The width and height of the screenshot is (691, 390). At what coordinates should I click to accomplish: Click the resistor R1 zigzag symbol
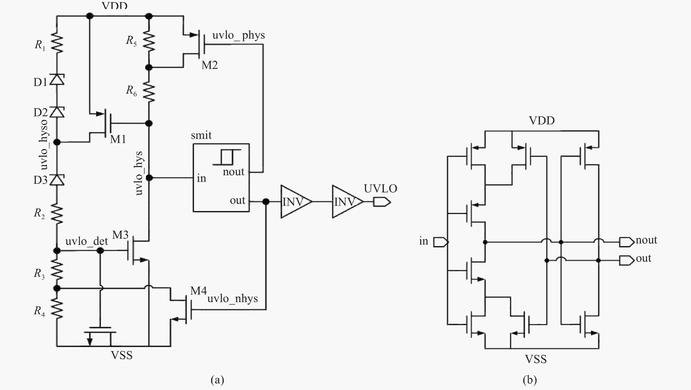[57, 42]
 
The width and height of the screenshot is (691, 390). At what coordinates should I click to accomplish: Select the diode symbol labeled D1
[57, 79]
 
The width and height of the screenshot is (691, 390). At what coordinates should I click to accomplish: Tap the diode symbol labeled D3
[57, 179]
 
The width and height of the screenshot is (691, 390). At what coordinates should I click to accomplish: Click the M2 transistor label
[209, 65]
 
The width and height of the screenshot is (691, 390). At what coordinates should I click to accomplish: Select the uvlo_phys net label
[238, 35]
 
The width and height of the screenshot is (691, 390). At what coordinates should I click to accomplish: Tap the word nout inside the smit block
[233, 172]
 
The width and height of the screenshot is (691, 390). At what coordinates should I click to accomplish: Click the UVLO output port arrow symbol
[382, 202]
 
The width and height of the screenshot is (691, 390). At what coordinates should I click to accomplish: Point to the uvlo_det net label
[86, 241]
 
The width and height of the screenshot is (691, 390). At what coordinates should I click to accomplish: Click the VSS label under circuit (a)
[122, 355]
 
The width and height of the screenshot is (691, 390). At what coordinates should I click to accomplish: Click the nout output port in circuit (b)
[626, 242]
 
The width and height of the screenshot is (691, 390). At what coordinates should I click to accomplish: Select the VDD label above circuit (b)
[542, 120]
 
